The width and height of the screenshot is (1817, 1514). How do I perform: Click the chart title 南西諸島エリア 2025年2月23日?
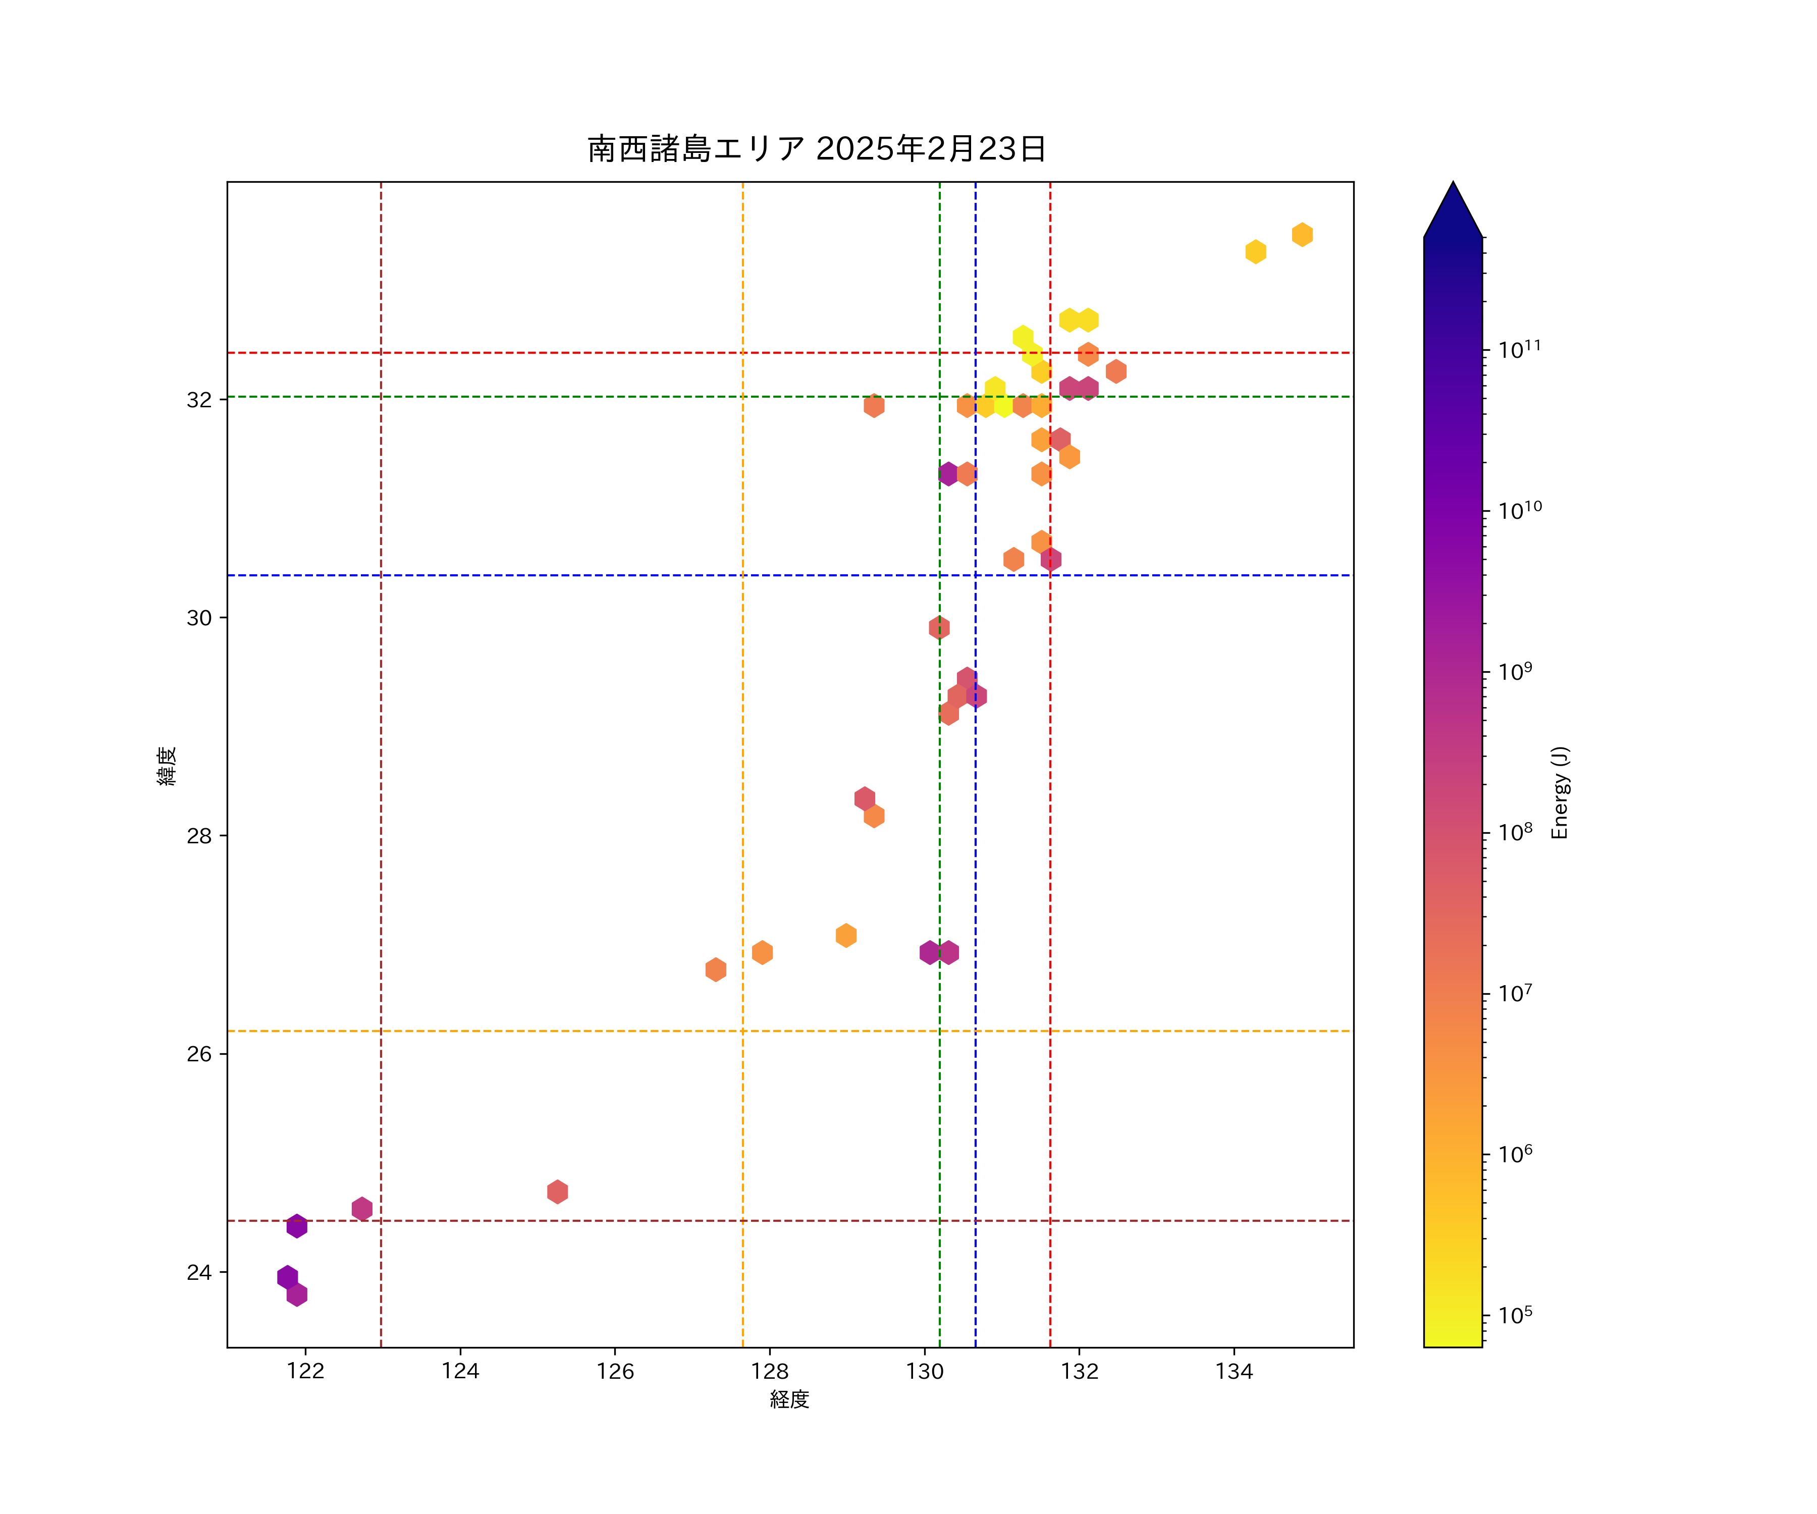click(817, 149)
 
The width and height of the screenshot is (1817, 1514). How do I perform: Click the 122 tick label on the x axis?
click(305, 1371)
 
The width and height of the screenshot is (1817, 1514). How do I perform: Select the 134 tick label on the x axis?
click(1234, 1371)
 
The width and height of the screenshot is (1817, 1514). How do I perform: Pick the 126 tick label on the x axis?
click(615, 1371)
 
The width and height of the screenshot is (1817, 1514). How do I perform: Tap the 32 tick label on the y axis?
click(199, 400)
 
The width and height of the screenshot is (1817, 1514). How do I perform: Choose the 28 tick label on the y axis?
click(199, 836)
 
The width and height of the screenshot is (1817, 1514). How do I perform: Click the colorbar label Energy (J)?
click(1559, 792)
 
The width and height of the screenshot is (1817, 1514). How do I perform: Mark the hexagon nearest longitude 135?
click(1302, 235)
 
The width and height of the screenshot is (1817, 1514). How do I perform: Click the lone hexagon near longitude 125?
click(557, 1192)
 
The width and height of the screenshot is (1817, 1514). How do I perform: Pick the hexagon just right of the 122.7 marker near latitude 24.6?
click(362, 1209)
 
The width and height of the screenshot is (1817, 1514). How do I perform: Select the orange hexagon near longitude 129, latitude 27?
click(846, 935)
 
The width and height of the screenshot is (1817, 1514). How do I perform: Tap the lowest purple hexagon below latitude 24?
click(297, 1294)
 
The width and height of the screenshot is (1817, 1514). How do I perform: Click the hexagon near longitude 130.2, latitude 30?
click(939, 627)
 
